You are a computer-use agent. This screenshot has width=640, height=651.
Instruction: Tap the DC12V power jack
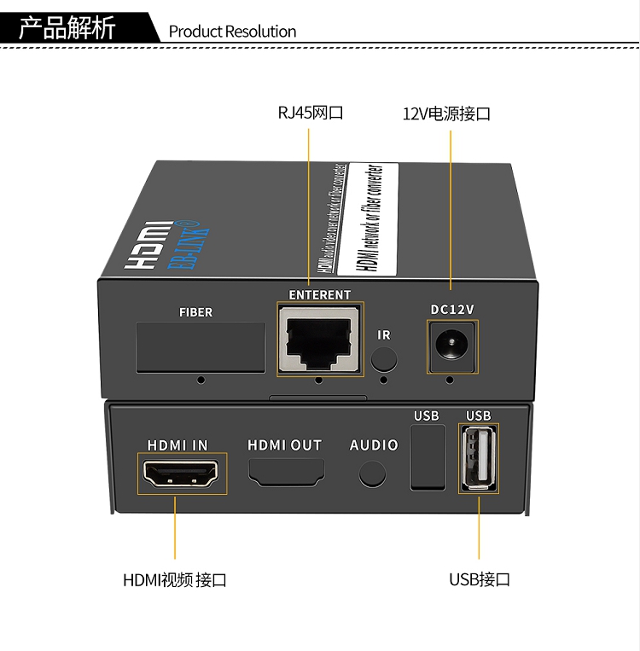click(x=451, y=346)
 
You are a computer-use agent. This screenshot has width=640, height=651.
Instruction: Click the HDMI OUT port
click(x=286, y=471)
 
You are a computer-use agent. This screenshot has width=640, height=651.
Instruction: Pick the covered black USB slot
click(x=428, y=457)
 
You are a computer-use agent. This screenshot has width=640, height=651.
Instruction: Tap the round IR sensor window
click(x=385, y=357)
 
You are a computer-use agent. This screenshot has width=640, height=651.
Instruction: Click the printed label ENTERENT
click(x=320, y=295)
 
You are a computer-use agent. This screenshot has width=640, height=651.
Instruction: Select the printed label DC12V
click(x=451, y=309)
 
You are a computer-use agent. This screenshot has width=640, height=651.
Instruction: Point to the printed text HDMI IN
click(x=177, y=445)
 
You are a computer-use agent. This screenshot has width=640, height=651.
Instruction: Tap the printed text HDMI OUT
click(x=285, y=445)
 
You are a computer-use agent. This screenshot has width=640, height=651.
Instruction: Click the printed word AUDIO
click(x=374, y=445)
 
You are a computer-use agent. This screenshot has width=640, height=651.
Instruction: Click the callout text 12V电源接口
click(x=446, y=113)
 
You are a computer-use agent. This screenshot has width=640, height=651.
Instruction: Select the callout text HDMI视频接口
click(x=175, y=581)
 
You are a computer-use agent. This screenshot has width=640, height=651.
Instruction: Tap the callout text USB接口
click(x=480, y=580)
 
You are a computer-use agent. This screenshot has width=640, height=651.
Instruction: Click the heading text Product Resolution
click(x=232, y=32)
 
